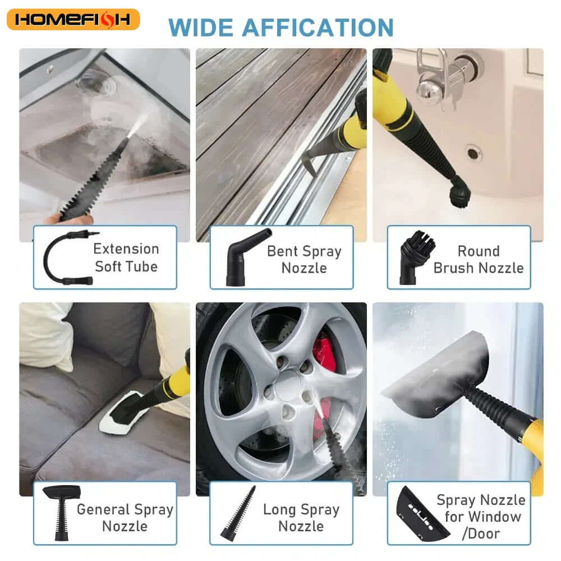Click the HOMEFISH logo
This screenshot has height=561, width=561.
(73, 20)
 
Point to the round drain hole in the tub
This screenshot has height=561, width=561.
(473, 151)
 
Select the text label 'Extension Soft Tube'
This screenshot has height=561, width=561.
(126, 257)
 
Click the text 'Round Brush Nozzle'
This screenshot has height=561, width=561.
(478, 259)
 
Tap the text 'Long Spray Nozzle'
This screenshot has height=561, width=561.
(301, 517)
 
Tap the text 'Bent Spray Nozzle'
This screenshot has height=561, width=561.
(304, 259)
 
